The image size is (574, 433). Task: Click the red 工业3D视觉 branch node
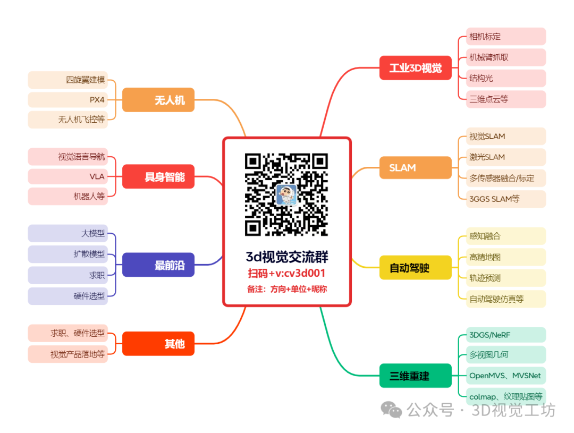tap(415, 68)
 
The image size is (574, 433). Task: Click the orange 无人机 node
tap(158, 100)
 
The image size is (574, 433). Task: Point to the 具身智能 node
tap(158, 177)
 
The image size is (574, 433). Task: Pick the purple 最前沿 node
tap(158, 265)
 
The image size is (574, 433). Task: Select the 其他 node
tap(158, 344)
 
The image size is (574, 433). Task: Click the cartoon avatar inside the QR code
tap(286, 194)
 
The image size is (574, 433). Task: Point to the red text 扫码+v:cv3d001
tap(286, 274)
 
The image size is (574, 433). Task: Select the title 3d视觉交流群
tap(286, 258)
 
